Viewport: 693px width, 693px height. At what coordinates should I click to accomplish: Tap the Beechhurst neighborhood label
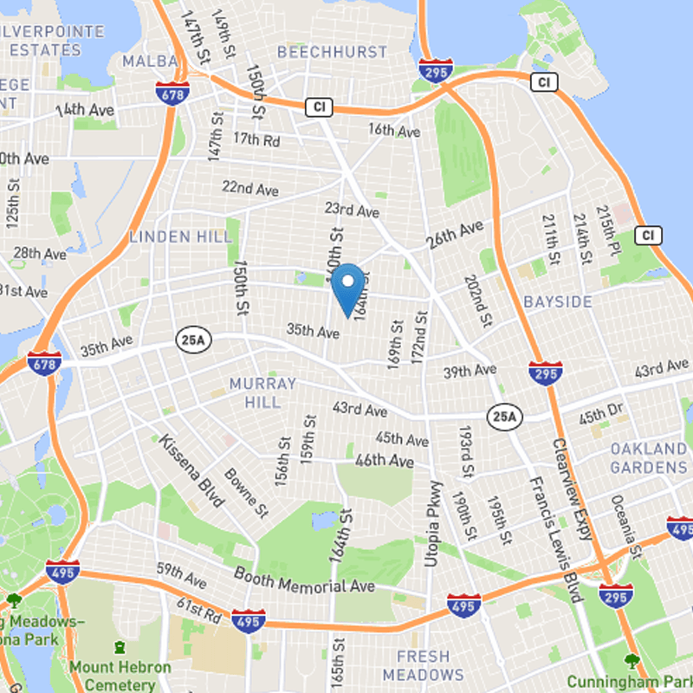tap(332, 52)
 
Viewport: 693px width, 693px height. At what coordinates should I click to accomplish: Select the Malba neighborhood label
tap(149, 61)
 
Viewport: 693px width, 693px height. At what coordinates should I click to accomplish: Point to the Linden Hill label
tap(180, 236)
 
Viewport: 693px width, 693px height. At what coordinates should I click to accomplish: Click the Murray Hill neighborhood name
tap(262, 392)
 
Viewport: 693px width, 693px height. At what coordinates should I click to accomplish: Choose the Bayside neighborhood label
tap(558, 301)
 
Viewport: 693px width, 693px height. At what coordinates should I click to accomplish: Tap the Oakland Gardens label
tap(648, 458)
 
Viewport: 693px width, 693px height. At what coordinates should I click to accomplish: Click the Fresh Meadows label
tap(424, 665)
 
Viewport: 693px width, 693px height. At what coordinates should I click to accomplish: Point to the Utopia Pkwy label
tap(431, 523)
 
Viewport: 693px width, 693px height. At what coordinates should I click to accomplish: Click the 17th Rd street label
tap(256, 139)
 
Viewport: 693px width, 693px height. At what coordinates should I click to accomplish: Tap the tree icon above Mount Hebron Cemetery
tap(120, 647)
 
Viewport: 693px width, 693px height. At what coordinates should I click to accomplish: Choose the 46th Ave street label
tap(385, 462)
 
